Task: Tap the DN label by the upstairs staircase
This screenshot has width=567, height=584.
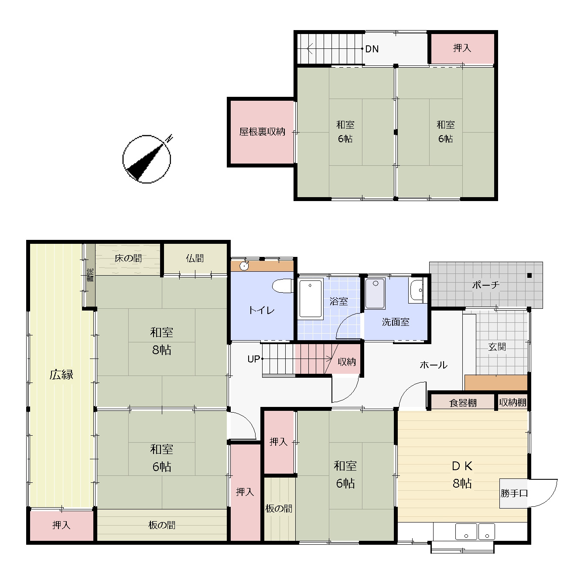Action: (372, 49)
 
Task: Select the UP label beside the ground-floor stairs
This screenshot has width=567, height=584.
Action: (253, 359)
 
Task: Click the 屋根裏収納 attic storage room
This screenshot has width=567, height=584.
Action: (262, 132)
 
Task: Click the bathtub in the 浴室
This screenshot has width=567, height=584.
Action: (311, 298)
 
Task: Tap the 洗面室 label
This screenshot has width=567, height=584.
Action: (396, 322)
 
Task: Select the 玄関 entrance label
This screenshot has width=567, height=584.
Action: (497, 347)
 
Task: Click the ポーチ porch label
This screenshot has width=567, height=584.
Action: (485, 285)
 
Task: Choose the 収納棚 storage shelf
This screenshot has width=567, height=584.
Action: (512, 403)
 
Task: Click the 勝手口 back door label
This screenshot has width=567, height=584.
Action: (514, 493)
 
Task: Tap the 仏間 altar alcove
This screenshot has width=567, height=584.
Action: (195, 258)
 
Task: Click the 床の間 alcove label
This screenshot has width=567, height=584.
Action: (128, 258)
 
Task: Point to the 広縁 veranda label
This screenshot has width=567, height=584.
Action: (61, 375)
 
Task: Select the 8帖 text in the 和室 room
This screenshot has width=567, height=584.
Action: (162, 350)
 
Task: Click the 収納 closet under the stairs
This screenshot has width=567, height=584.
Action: (347, 362)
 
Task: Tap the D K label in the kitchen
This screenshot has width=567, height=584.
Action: (462, 466)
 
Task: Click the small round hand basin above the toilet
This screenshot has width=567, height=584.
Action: (244, 266)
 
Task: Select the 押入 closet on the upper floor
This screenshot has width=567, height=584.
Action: (462, 48)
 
